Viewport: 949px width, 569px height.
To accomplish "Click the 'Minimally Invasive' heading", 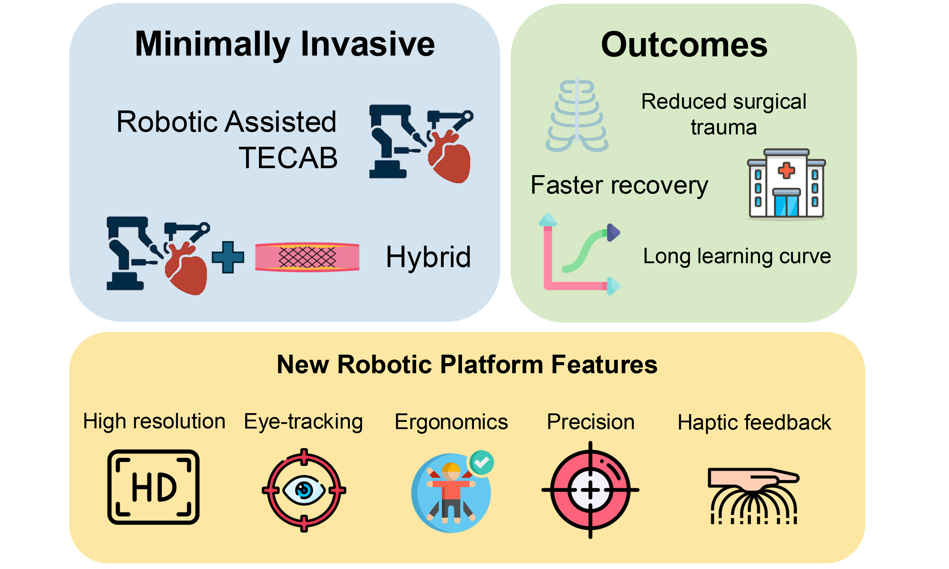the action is click(x=285, y=45).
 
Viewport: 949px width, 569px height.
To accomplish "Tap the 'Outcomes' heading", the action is click(x=684, y=45).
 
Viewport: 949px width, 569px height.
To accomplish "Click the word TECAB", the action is click(x=288, y=157).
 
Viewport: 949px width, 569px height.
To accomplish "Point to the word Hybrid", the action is click(x=428, y=257).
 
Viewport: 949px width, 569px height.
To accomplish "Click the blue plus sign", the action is click(x=228, y=257).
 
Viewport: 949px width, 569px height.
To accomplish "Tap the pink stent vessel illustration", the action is click(x=307, y=257).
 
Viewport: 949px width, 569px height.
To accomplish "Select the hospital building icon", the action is click(x=786, y=184).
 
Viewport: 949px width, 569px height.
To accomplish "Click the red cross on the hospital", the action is click(x=786, y=170).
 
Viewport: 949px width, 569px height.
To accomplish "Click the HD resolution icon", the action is click(x=153, y=487).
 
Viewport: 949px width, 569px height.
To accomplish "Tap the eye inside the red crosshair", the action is click(x=304, y=490).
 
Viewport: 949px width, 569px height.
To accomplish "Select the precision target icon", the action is click(x=590, y=490).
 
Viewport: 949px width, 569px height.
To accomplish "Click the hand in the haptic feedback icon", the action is click(x=753, y=479).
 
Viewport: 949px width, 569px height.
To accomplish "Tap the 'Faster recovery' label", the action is click(x=619, y=186).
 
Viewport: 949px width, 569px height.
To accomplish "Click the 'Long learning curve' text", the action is click(x=737, y=256).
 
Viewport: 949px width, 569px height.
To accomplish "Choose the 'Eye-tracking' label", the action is click(x=303, y=422).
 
